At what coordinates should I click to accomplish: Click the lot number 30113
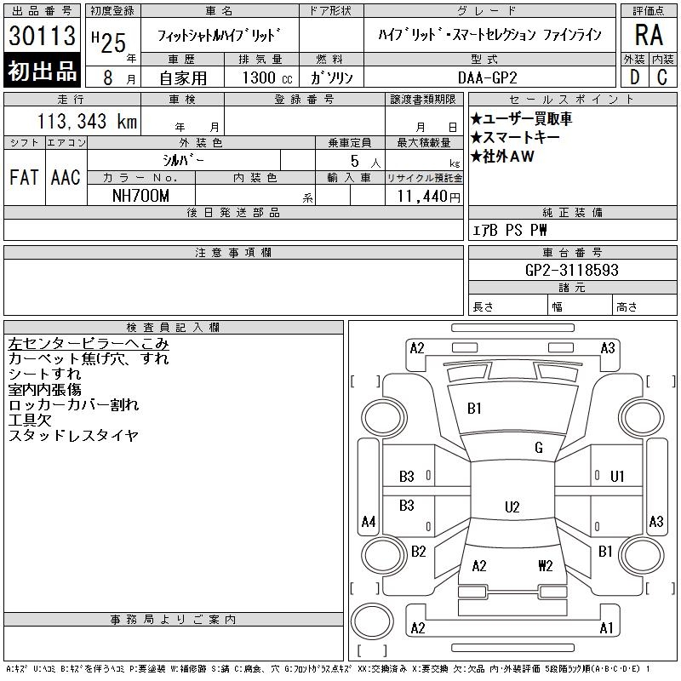(x=42, y=35)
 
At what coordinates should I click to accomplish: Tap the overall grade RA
(x=649, y=35)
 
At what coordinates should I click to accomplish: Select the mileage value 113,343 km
(x=87, y=121)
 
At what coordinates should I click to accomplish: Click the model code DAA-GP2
(x=488, y=77)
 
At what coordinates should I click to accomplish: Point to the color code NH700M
(x=140, y=196)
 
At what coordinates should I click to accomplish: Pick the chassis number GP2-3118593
(x=571, y=270)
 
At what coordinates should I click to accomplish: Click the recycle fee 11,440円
(x=428, y=197)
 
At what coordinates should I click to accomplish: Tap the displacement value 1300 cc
(x=267, y=77)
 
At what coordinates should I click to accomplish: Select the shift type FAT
(x=24, y=177)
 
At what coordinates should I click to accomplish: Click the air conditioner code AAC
(x=66, y=177)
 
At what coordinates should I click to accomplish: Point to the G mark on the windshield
(x=539, y=448)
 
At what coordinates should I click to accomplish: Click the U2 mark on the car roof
(x=512, y=506)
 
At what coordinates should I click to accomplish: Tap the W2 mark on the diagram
(x=545, y=565)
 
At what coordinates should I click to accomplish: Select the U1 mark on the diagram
(x=617, y=477)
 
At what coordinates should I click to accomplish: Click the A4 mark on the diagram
(x=369, y=521)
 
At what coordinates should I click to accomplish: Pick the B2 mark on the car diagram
(x=418, y=552)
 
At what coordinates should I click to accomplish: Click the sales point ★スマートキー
(x=515, y=137)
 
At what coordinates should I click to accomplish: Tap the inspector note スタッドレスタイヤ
(x=73, y=435)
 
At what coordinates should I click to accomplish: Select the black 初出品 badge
(x=42, y=71)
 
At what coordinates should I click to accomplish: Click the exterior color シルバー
(x=183, y=160)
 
